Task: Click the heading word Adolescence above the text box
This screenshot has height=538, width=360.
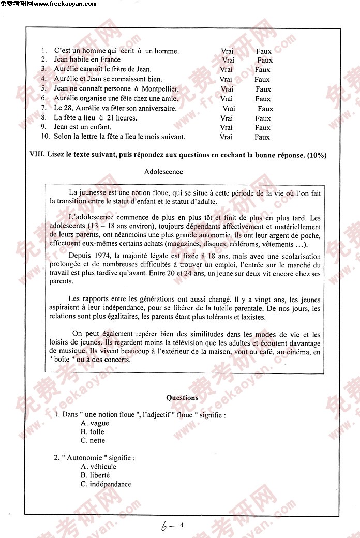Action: [x=163, y=171]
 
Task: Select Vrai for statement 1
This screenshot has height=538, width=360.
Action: [x=227, y=51]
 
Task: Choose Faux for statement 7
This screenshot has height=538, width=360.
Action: [x=265, y=109]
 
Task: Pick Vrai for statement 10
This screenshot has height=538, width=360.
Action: [x=226, y=137]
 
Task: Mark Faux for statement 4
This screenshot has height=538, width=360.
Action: [x=262, y=80]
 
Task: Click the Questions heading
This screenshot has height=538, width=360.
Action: [x=182, y=398]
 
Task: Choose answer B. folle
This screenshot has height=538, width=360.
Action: [x=93, y=431]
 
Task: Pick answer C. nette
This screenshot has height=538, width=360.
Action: [x=93, y=440]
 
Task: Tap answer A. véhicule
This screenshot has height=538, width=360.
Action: [x=99, y=466]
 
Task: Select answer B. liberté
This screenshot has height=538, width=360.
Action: [x=95, y=475]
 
